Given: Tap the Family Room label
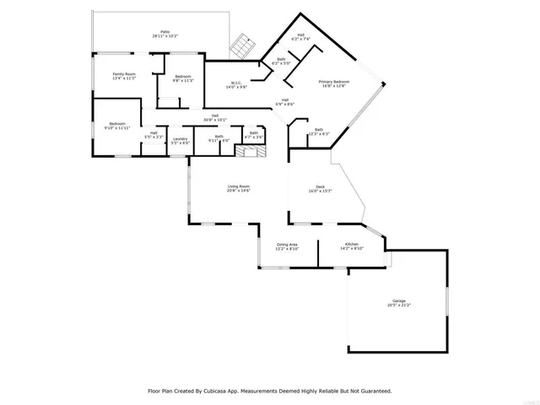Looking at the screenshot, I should (x=125, y=74).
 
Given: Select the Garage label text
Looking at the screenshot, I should (x=399, y=300).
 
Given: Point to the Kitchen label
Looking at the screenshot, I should (x=351, y=245).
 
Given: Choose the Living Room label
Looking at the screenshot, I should (x=239, y=186).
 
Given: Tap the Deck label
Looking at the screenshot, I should (x=321, y=186).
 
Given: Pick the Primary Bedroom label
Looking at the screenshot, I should (x=332, y=81).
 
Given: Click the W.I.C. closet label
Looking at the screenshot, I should (x=236, y=83).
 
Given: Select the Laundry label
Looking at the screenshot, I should (x=180, y=139).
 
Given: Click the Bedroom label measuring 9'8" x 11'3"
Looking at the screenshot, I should (x=183, y=77).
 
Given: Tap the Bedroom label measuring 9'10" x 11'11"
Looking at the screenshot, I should (x=116, y=124).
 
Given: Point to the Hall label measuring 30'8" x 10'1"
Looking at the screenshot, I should (x=215, y=116).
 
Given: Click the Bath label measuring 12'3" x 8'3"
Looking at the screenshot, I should (x=319, y=129).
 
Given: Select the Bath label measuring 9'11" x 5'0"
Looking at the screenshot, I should (x=219, y=137).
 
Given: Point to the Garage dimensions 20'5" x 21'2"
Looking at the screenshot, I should (x=399, y=305).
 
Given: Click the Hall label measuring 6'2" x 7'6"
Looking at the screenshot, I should (x=301, y=36).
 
